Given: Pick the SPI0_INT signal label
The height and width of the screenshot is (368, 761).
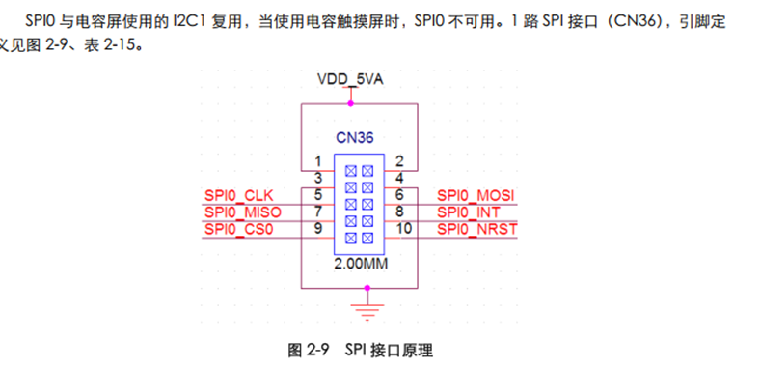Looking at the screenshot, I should coord(470,212).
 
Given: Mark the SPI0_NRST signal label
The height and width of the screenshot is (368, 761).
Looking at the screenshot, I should coord(477,229).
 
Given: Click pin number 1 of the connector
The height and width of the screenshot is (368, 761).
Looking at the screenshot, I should coord(318,160).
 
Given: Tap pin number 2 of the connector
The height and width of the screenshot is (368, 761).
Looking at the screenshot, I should coord(399,160).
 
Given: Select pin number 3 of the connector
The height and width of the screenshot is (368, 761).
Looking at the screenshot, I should coord(318,177).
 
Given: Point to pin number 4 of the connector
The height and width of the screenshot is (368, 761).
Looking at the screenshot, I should coord(399,177).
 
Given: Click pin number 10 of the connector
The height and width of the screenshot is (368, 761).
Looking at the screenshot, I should coord(403,229).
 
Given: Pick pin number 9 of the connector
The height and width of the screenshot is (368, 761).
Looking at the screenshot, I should coord(318,229).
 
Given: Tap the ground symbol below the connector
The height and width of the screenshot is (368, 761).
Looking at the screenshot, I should coord(362,308).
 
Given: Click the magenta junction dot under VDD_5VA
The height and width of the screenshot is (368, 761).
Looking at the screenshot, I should coord(351,102).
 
